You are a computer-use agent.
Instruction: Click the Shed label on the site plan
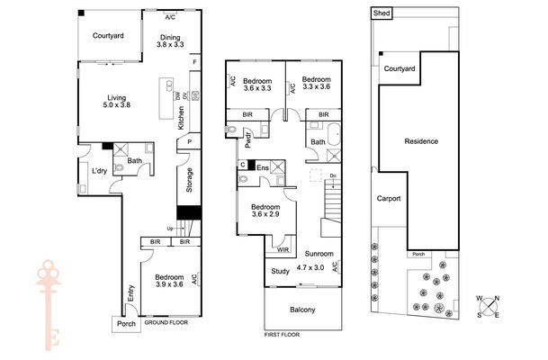[x=382, y=13]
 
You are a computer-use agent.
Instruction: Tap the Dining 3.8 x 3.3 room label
[x=170, y=40]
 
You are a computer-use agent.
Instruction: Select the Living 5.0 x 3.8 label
[x=117, y=101]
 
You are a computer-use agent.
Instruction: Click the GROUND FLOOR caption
[x=166, y=322]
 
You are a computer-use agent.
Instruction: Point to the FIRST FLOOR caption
[x=282, y=335]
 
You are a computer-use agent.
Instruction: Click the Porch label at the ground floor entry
[x=126, y=324]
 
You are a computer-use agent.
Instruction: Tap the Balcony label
[x=302, y=310]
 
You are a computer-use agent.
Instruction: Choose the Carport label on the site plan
[x=389, y=199]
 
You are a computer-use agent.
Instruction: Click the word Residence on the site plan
[x=421, y=141]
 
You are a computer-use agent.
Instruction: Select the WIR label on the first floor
[x=283, y=250]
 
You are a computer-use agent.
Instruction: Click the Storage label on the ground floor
[x=189, y=180]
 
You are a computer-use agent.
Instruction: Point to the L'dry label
[x=99, y=171]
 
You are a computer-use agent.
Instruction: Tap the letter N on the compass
[x=497, y=298]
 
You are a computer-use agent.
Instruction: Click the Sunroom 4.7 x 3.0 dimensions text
[x=310, y=267]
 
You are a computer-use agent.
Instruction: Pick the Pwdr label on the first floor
[x=248, y=139]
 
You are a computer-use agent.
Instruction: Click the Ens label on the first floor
[x=263, y=167]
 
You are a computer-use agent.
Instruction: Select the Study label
[x=280, y=271]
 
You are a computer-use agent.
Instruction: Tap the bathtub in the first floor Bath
[x=335, y=133]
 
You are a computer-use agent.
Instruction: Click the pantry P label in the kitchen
[x=190, y=142]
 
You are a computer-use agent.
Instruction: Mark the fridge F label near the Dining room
[x=195, y=62]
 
